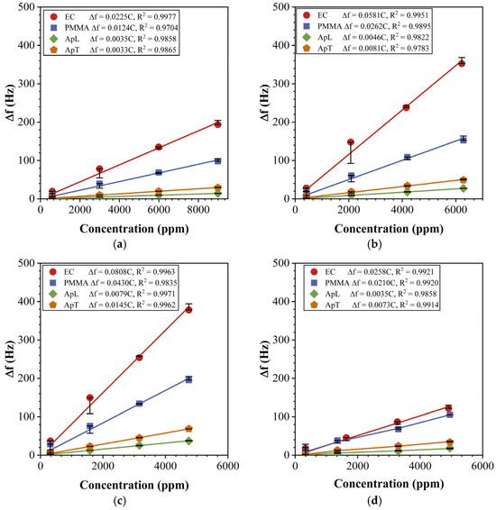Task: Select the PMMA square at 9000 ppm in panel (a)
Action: pyautogui.click(x=217, y=160)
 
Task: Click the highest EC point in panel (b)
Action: pyautogui.click(x=462, y=62)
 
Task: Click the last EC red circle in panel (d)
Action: pyautogui.click(x=448, y=407)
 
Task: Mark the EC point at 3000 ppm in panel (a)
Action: pyautogui.click(x=99, y=169)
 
